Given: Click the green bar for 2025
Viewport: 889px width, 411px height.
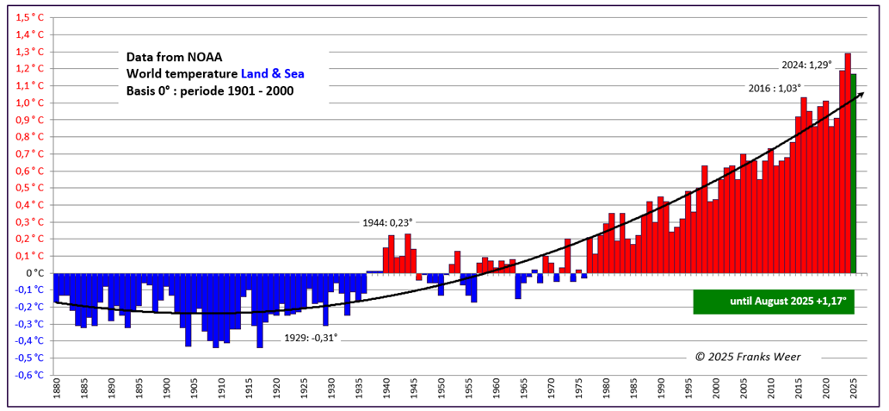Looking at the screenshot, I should coord(854,172).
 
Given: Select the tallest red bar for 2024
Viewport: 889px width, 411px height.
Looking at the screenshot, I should coord(848,164).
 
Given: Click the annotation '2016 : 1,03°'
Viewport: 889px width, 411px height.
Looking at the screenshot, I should coord(773,87).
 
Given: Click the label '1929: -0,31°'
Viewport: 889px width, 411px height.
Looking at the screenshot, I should coord(311,337).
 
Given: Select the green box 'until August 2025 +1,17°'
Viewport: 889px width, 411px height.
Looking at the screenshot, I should coord(774,302).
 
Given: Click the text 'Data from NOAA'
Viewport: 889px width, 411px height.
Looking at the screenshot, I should coord(174,57).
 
